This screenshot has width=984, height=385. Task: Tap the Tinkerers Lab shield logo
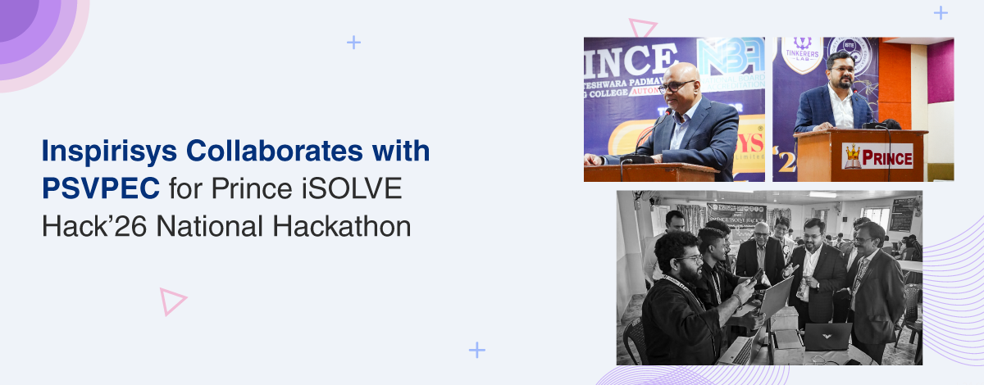pos(802,54)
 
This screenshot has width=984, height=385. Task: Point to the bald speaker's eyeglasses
pos(678,85)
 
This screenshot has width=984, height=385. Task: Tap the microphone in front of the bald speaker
pos(656,131)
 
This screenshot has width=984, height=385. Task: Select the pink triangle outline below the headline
pos(172,301)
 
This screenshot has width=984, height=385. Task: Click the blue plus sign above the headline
pos(353,43)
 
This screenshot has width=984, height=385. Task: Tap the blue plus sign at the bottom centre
pos(477,350)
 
